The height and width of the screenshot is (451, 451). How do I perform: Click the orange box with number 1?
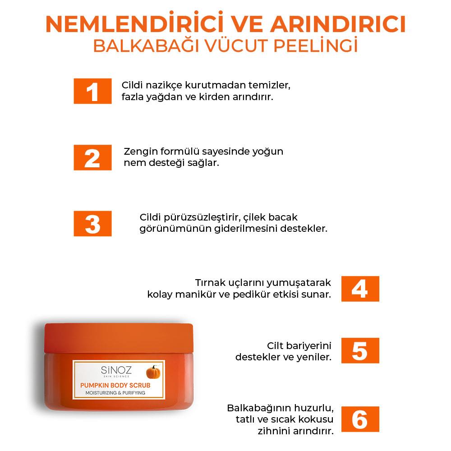coord(92,91)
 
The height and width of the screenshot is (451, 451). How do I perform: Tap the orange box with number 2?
coord(92,157)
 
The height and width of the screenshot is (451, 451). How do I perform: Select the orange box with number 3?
coord(92,224)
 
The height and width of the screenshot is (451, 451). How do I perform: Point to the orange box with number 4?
coord(360,289)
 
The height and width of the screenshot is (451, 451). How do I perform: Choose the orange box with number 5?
coord(360,351)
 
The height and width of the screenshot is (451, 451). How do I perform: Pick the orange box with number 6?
coord(360,419)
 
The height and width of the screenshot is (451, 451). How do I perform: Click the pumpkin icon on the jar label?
coord(153,373)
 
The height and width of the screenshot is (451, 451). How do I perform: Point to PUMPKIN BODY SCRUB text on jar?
coord(115,386)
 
